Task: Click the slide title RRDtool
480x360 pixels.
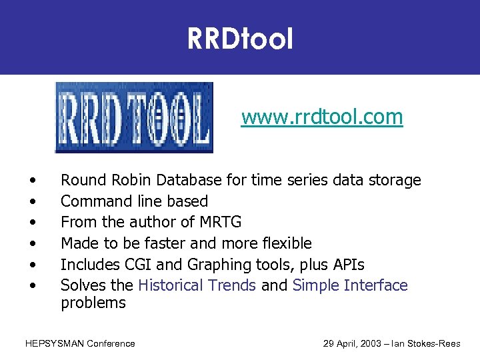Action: (240, 39)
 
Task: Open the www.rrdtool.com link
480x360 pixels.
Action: (322, 117)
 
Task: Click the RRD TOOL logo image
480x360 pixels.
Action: (133, 118)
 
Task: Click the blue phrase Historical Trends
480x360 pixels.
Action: (197, 285)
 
